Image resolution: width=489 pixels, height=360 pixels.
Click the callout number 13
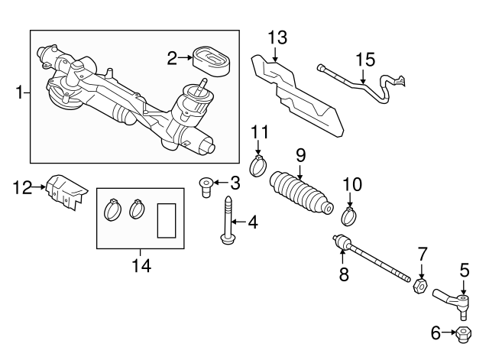(x=277, y=38)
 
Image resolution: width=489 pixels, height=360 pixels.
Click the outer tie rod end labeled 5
(x=452, y=301)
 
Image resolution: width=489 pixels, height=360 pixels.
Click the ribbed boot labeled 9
(x=302, y=194)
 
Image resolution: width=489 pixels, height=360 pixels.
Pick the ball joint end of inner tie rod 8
(x=342, y=244)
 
